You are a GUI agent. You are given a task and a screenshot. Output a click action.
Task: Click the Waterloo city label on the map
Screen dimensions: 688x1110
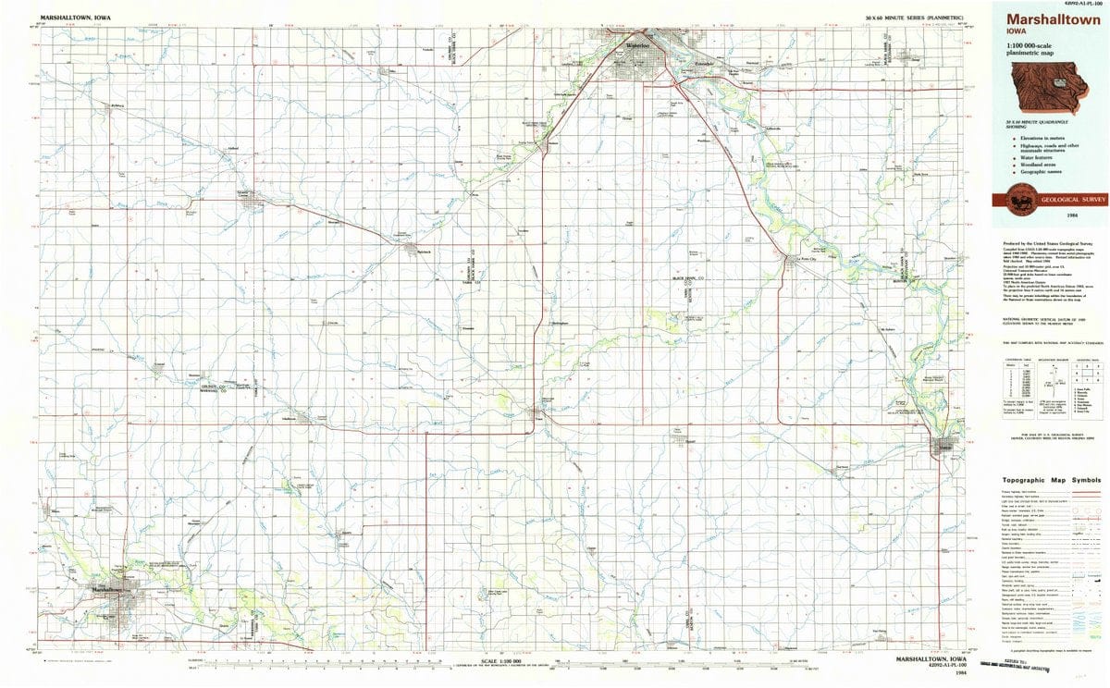tap(639, 44)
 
